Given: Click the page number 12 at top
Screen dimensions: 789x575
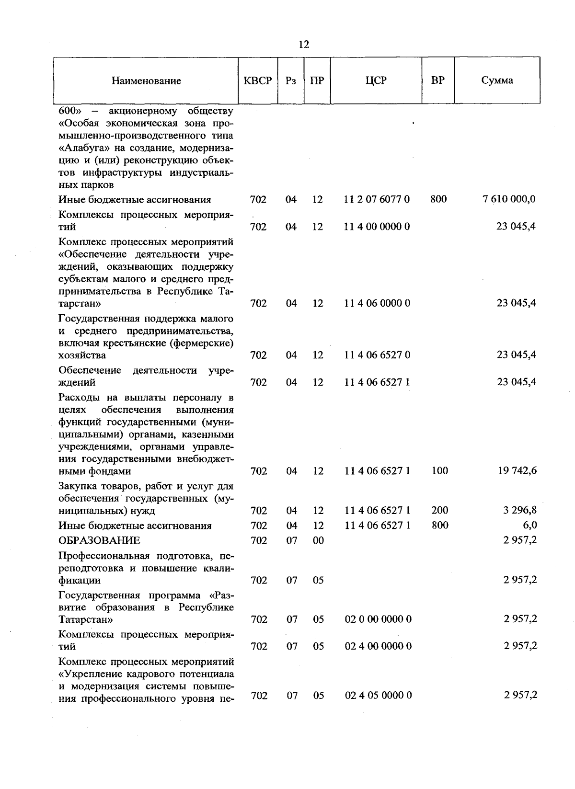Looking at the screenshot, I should (304, 45).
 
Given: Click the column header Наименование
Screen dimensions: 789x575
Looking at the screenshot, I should (146, 81).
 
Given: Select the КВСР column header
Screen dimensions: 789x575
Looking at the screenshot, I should (258, 80).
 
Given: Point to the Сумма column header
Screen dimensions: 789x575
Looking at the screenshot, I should (497, 80).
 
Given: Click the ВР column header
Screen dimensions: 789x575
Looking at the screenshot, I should (437, 80).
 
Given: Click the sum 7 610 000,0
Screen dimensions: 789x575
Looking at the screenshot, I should (509, 199).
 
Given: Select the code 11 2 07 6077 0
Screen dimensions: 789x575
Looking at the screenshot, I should (377, 199).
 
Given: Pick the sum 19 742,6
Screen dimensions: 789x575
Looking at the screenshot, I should (517, 471).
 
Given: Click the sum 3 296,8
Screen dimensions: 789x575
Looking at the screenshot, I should (519, 511).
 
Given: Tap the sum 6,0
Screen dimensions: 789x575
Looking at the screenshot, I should (529, 526).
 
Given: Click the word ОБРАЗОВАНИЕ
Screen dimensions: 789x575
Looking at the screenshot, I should (99, 540).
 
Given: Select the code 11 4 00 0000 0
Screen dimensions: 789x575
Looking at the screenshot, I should (377, 226).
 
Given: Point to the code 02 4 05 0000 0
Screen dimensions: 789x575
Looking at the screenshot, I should (378, 695).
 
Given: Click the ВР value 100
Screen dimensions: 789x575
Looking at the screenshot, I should (439, 471).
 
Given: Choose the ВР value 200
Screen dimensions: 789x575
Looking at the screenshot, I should (439, 511).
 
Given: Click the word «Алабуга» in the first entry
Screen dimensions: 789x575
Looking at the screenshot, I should (80, 148).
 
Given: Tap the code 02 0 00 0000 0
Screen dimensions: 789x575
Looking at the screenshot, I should (378, 619).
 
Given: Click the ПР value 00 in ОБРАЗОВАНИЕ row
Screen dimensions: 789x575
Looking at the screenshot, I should (318, 541).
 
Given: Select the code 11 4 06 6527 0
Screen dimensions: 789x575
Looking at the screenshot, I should (377, 355).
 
